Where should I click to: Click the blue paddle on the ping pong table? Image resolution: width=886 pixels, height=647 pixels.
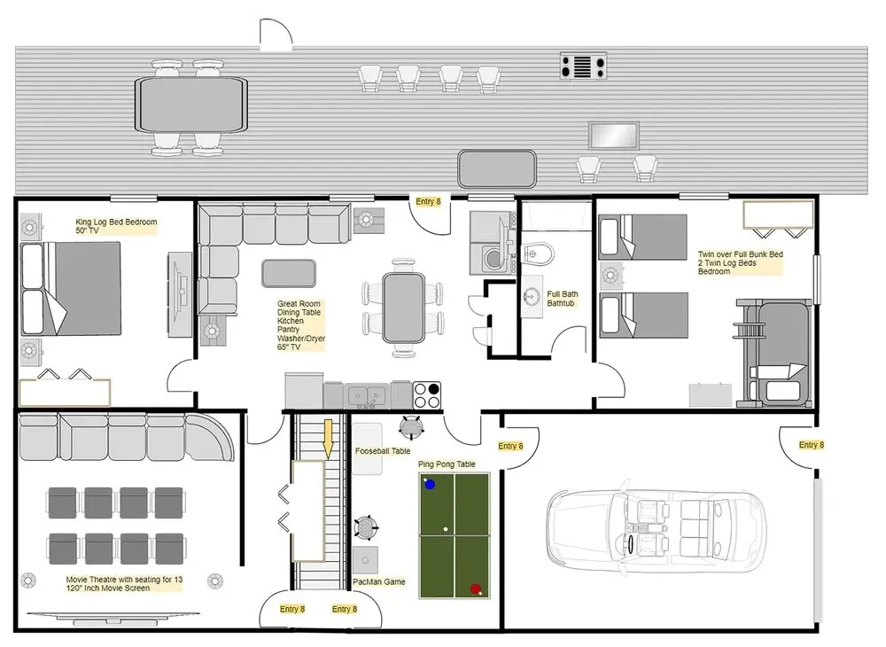click(430, 484)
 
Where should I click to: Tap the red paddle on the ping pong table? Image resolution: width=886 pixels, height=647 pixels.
click(475, 589)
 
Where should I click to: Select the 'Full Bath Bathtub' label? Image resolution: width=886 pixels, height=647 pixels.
click(563, 299)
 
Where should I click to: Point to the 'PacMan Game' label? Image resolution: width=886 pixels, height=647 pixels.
click(378, 581)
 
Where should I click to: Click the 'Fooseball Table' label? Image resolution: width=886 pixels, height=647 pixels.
click(383, 451)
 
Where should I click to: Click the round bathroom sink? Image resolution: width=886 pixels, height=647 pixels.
click(532, 296)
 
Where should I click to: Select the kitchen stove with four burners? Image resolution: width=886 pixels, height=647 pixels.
click(427, 395)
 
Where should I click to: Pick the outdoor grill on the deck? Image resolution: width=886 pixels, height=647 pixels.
click(583, 66)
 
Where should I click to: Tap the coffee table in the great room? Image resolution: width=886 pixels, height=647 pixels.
click(288, 273)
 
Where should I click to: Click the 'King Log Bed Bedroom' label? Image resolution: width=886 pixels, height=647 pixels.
click(116, 222)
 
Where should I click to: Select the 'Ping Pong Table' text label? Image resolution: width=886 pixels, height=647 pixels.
click(447, 464)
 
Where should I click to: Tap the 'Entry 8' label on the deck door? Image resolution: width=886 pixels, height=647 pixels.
click(428, 201)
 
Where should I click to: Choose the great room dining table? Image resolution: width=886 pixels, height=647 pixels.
click(403, 308)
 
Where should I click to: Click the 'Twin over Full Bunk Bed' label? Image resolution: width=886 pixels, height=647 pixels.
click(740, 254)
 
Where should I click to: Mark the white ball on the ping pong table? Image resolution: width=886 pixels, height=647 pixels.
click(446, 529)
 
